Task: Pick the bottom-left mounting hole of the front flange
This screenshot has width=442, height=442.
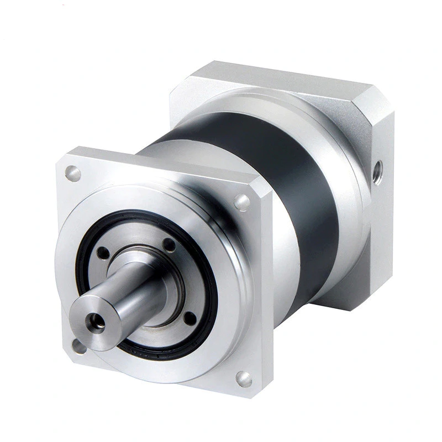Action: point(79,346)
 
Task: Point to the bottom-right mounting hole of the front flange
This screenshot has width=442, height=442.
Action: point(243,378)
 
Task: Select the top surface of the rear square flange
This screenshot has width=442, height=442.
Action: point(276,83)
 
